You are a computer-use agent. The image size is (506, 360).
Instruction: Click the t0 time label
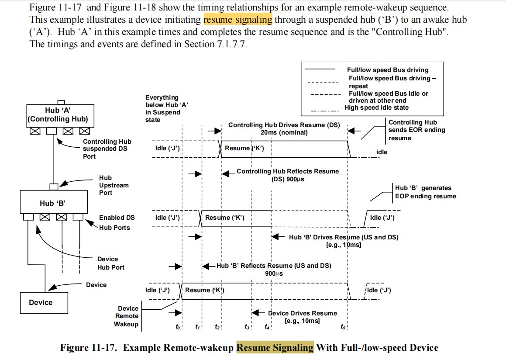177,326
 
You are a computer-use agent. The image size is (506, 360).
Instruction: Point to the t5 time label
344,326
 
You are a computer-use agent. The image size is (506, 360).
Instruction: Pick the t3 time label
247,326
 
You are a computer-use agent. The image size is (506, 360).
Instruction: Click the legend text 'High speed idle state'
376,107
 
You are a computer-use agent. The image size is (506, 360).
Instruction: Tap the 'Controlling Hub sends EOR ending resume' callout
417,130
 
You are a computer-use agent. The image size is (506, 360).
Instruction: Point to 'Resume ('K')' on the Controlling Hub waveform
244,148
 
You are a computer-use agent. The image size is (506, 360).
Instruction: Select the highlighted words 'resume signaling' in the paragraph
238,20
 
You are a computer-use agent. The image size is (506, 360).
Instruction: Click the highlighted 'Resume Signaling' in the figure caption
275,348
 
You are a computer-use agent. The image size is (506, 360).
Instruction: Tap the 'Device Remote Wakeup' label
127,316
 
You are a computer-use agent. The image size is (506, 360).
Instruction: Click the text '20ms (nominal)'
284,132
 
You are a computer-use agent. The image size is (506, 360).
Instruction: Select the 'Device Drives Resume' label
302,313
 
